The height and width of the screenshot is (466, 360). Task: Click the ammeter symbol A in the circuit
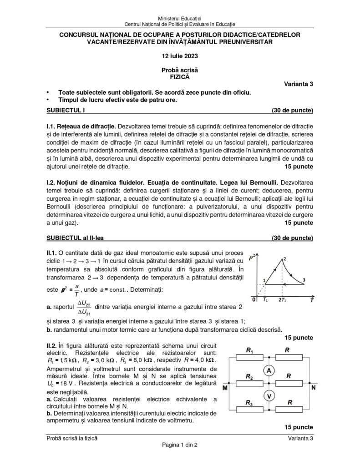tap(269, 371)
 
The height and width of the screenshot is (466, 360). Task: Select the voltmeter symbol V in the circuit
tap(269, 395)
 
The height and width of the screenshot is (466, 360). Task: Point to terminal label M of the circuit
tap(225, 388)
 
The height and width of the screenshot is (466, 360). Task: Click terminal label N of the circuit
tap(313, 388)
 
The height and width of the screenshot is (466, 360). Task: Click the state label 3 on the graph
tap(304, 279)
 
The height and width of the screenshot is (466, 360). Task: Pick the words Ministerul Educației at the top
tap(180, 17)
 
